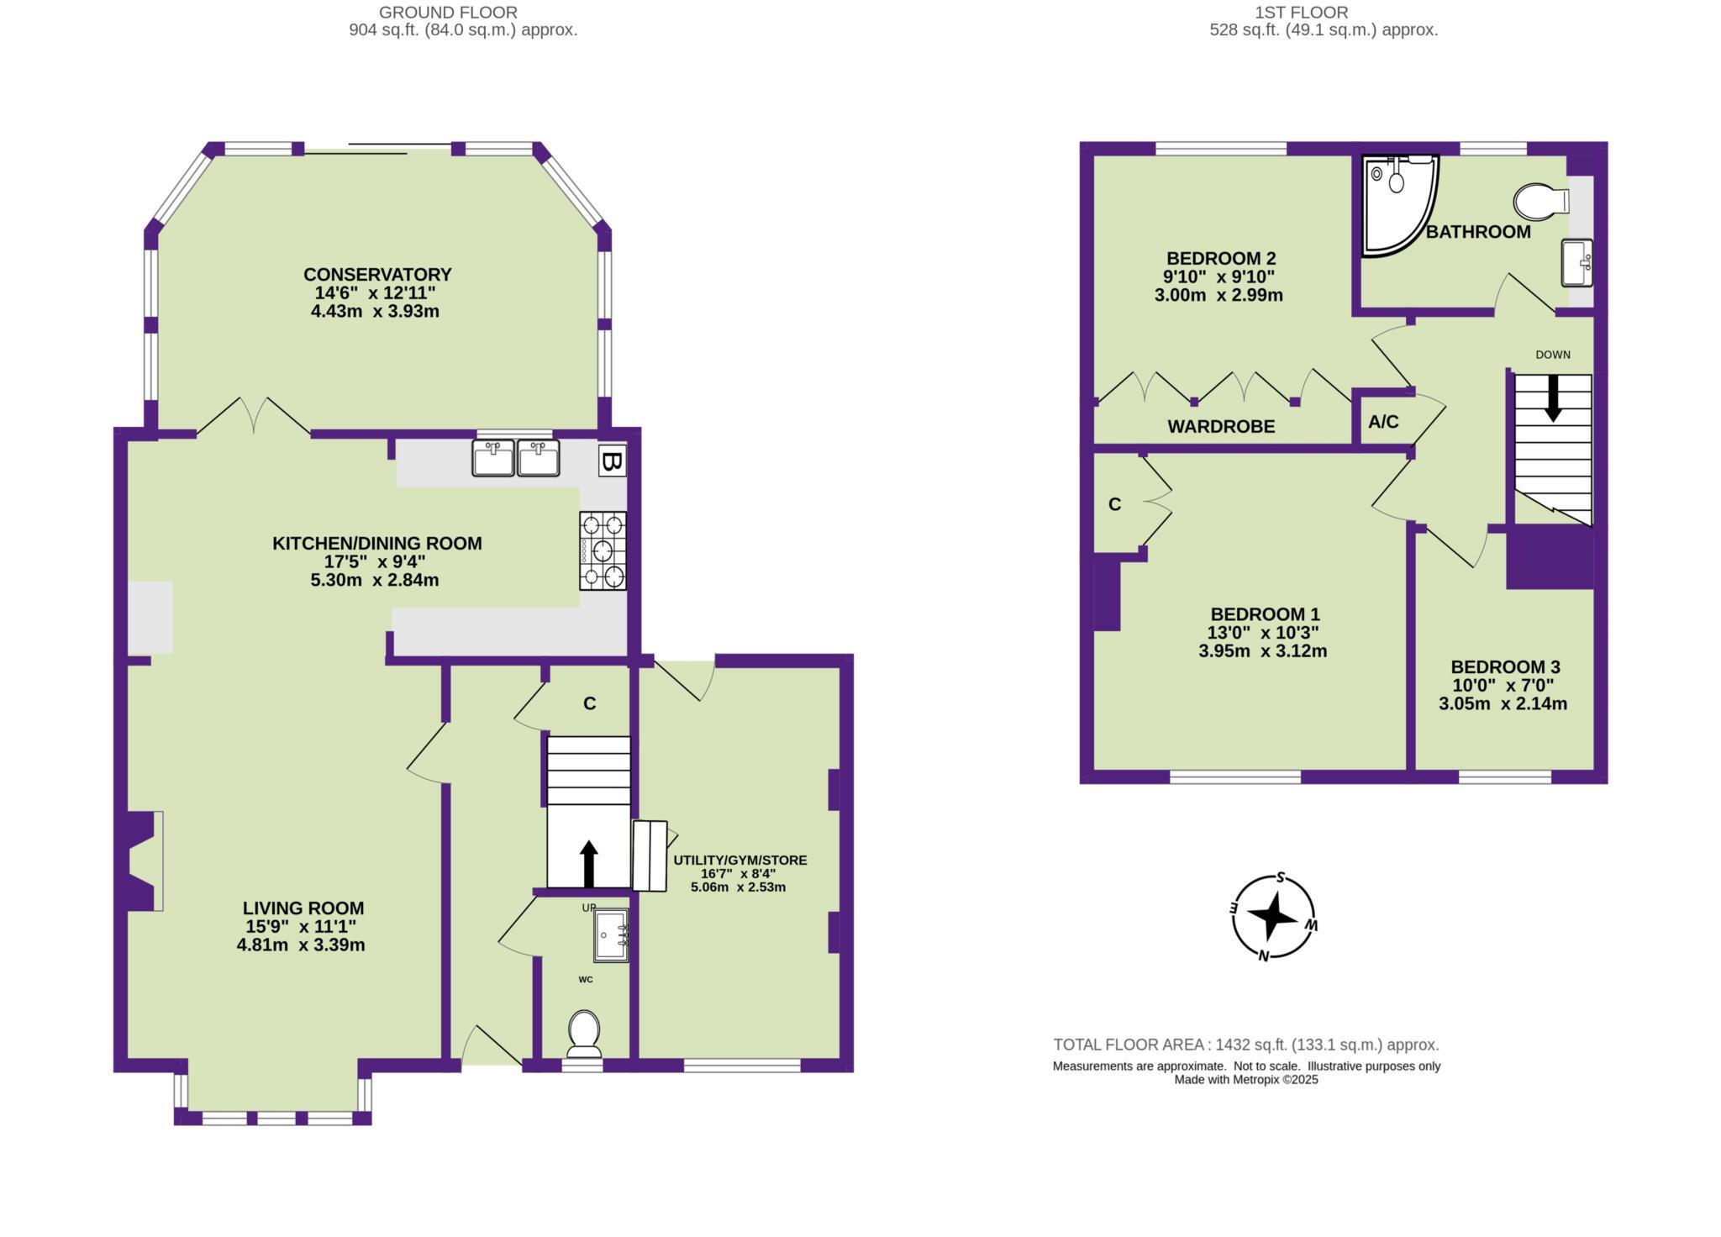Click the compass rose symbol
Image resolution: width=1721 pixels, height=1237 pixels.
(1273, 917)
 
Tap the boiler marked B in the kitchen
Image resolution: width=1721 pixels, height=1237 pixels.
(613, 461)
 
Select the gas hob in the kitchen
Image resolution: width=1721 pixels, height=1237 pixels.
(603, 551)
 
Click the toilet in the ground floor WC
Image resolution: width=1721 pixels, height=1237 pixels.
(584, 1034)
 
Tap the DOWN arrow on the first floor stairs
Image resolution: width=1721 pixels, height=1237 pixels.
(1553, 397)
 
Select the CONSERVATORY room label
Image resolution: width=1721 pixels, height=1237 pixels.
(377, 275)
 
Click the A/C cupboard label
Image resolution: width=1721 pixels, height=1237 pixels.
(1383, 422)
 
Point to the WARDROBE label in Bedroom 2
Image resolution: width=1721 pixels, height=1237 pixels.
(1221, 427)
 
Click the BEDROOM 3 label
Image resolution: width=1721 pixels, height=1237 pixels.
(1505, 667)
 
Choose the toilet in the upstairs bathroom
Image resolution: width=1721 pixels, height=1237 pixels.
(1541, 202)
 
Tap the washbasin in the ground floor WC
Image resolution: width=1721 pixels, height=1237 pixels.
(611, 935)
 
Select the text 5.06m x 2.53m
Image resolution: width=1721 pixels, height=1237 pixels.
(738, 887)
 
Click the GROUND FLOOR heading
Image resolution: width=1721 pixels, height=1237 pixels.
(448, 13)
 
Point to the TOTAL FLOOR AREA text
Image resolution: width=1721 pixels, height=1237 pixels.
(1245, 1045)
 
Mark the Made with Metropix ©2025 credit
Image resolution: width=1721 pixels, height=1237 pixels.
(1246, 1081)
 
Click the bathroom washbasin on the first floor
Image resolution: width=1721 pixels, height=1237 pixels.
(1576, 262)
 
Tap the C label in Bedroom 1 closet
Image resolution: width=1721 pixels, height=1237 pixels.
(1114, 505)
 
